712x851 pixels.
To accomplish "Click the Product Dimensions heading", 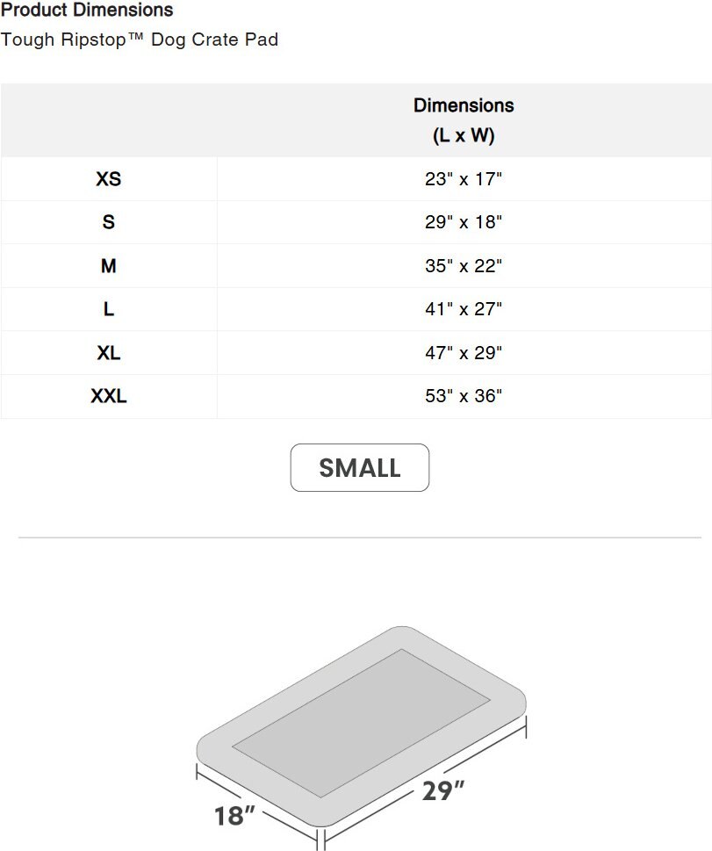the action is coord(87,10).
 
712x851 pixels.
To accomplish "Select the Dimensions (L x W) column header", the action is coord(464,120).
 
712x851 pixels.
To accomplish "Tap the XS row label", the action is coord(109,179).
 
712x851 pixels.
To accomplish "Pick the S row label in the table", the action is coord(109,222).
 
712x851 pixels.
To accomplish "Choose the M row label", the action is coord(109,266).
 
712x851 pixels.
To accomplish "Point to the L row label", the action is coord(109,309).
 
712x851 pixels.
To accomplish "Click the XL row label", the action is coord(109,353).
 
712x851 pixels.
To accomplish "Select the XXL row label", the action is coord(109,396).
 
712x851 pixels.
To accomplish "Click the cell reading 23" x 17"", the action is coord(464,179).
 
